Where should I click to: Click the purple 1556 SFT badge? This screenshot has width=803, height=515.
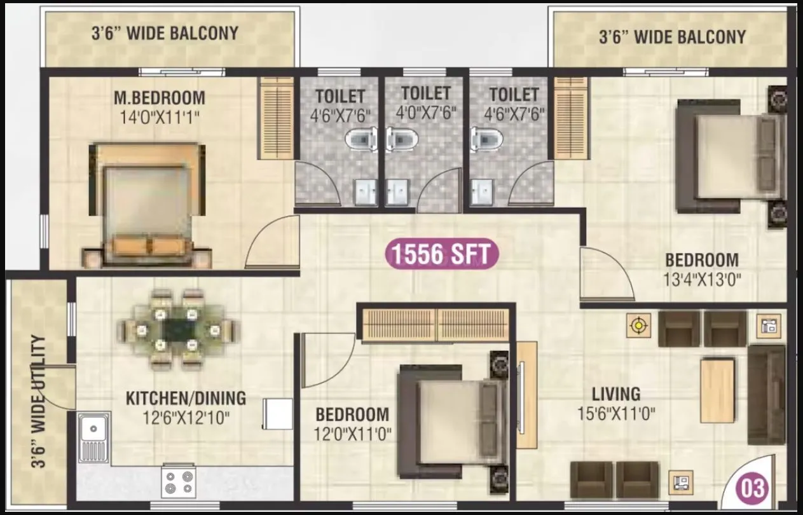pyautogui.click(x=442, y=254)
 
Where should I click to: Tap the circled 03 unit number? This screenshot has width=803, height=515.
pyautogui.click(x=752, y=488)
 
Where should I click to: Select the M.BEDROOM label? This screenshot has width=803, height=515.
pyautogui.click(x=160, y=98)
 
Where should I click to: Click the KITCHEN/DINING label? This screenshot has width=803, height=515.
pyautogui.click(x=186, y=399)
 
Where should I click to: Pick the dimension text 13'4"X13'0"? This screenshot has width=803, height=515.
pyautogui.click(x=702, y=280)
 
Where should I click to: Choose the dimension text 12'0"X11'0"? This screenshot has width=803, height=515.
pyautogui.click(x=353, y=435)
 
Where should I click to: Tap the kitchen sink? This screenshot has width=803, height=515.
pyautogui.click(x=93, y=439)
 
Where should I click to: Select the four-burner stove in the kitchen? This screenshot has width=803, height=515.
pyautogui.click(x=178, y=481)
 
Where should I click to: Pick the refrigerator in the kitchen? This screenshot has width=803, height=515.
pyautogui.click(x=278, y=414)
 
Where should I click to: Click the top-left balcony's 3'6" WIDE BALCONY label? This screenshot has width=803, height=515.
pyautogui.click(x=166, y=33)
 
